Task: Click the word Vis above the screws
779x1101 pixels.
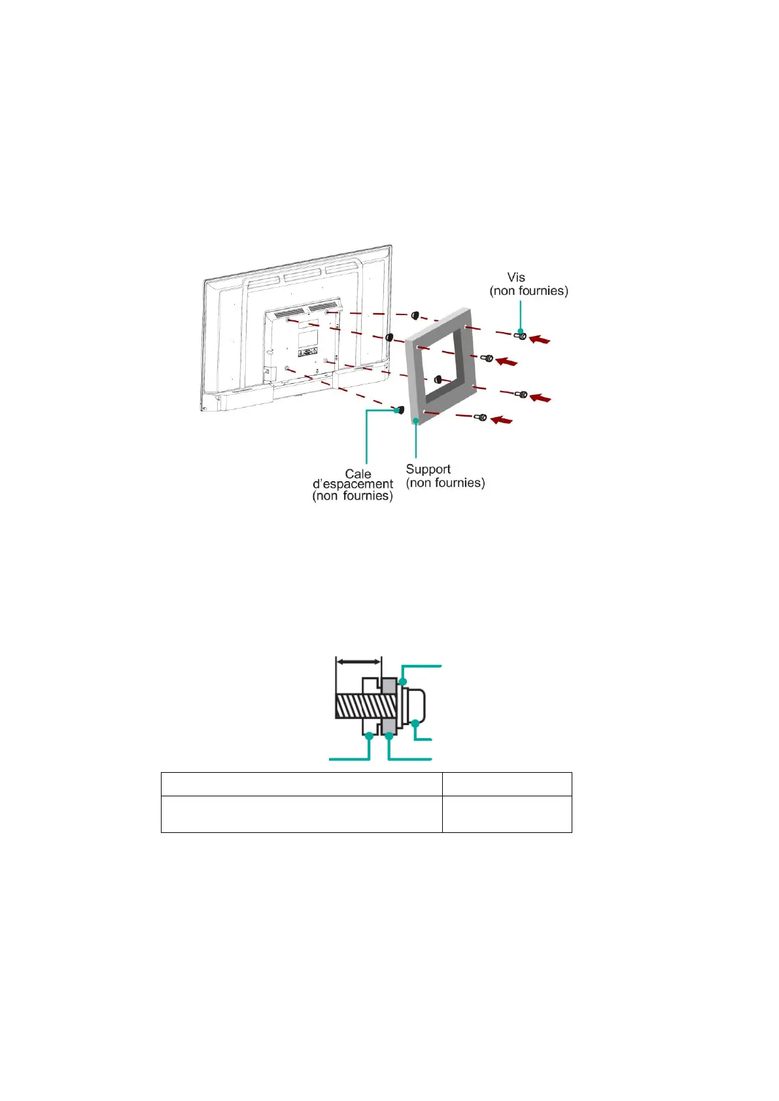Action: click(516, 277)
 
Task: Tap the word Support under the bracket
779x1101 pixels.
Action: click(428, 469)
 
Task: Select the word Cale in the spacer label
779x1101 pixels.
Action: click(358, 473)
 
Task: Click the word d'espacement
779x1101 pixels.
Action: click(353, 484)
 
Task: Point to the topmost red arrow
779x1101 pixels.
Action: click(540, 339)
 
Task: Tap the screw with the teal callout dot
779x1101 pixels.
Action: click(521, 336)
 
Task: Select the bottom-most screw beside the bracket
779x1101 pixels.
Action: click(481, 417)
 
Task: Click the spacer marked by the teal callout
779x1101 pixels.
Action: click(398, 410)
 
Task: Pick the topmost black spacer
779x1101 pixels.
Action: click(415, 316)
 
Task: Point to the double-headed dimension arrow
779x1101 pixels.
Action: click(358, 662)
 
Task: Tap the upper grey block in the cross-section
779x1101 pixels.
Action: click(389, 686)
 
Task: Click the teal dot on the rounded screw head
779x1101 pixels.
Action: click(415, 722)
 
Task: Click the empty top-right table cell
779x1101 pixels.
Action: click(506, 784)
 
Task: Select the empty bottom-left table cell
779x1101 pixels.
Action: click(301, 813)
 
